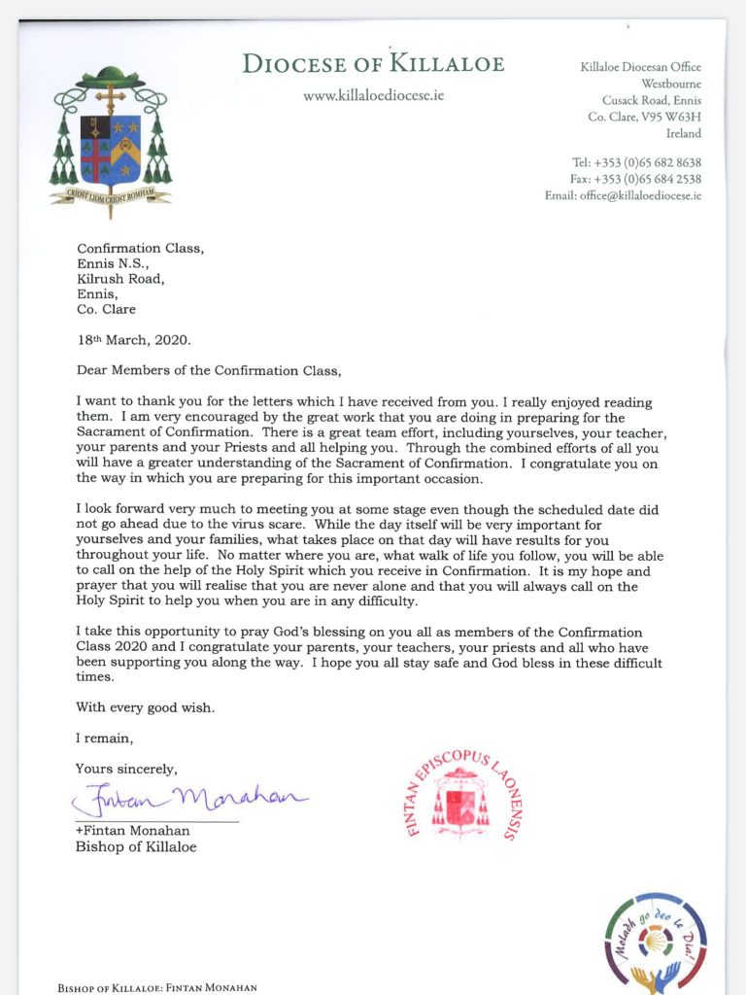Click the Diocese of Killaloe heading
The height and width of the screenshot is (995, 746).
click(x=373, y=65)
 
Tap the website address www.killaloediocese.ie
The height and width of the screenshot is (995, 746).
click(x=373, y=98)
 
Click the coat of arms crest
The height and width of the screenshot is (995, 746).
click(x=111, y=135)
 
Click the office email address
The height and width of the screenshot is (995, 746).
click(x=623, y=195)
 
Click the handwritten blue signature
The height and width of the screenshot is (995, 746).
click(x=188, y=799)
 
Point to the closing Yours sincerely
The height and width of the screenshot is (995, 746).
click(x=127, y=769)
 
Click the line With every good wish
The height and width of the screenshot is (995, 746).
click(x=145, y=706)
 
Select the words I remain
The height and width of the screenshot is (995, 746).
click(x=102, y=738)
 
